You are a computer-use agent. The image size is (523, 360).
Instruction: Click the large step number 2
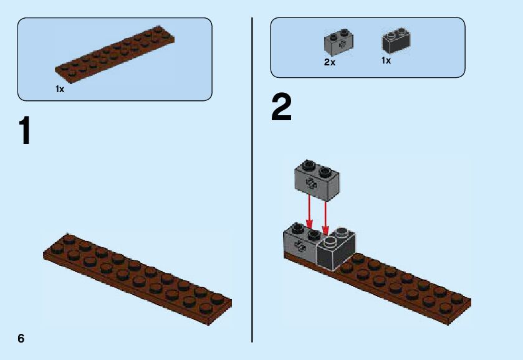[x=281, y=108]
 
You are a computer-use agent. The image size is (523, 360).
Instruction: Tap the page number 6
[x=21, y=338]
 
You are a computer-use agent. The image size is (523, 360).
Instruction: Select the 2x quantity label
[x=330, y=62]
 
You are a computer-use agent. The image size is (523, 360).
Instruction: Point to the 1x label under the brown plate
[x=60, y=89]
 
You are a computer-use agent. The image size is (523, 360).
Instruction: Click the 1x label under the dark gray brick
[x=386, y=61]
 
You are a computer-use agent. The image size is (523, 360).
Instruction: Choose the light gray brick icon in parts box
[x=338, y=42]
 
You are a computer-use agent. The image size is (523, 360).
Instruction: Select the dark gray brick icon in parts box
[x=396, y=41]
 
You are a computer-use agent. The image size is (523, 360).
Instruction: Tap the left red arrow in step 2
[x=309, y=212]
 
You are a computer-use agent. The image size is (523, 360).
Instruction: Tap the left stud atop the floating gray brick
[x=308, y=166]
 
